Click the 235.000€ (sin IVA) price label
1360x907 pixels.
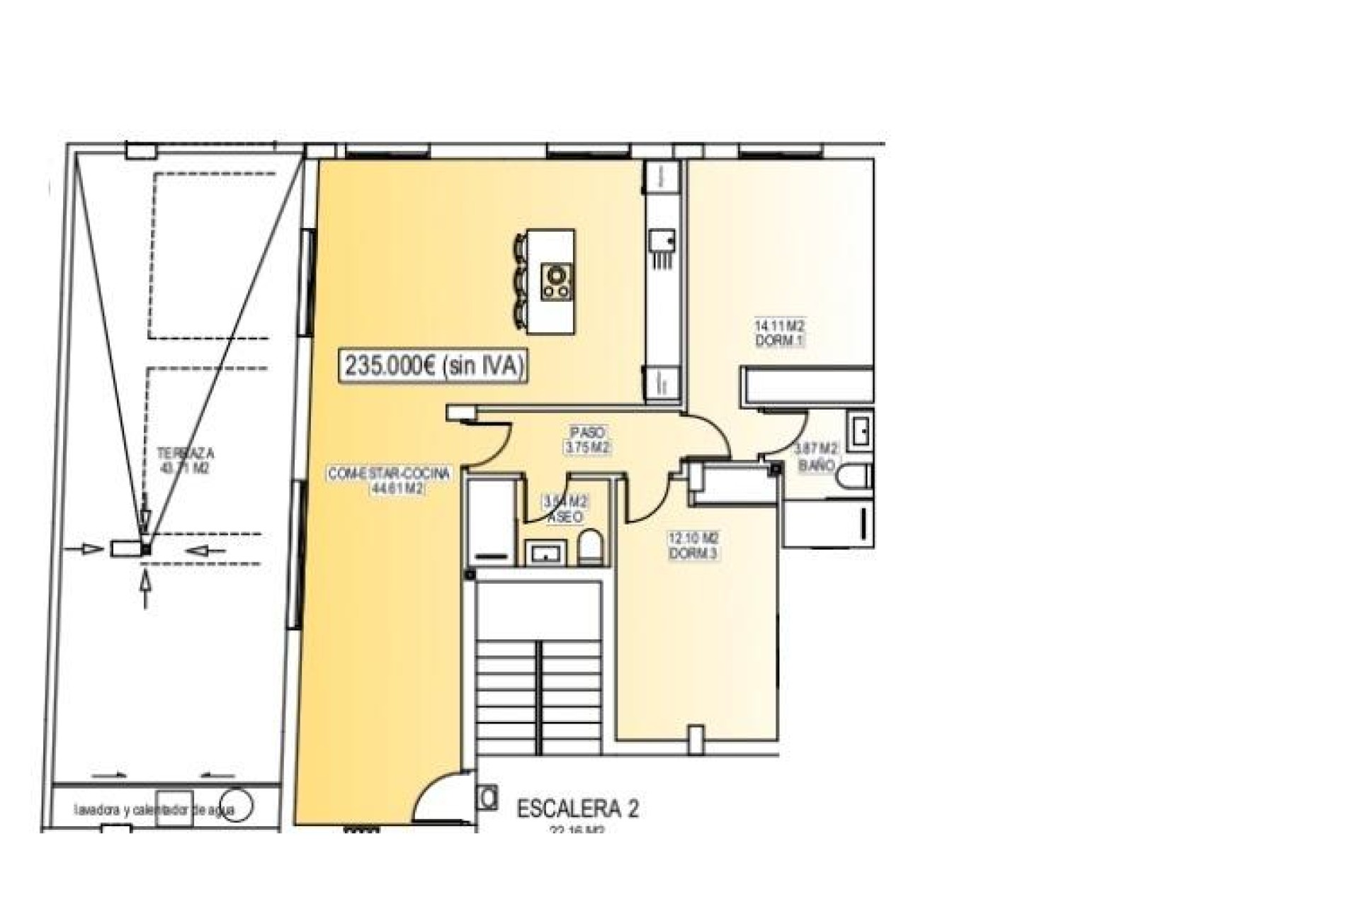click(x=434, y=366)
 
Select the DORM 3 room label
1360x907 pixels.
click(x=693, y=554)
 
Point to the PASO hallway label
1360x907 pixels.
click(x=587, y=432)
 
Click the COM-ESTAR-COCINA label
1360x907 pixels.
click(x=389, y=474)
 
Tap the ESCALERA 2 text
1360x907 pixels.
click(x=577, y=809)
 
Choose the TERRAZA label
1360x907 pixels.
click(x=186, y=453)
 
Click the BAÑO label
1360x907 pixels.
click(x=816, y=466)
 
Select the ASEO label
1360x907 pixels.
click(x=566, y=517)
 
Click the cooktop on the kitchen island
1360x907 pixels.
click(x=556, y=282)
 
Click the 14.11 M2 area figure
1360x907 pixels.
click(x=779, y=326)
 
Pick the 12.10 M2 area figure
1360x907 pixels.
click(x=693, y=539)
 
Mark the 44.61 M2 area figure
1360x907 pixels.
click(x=397, y=488)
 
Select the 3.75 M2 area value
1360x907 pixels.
click(x=587, y=448)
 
